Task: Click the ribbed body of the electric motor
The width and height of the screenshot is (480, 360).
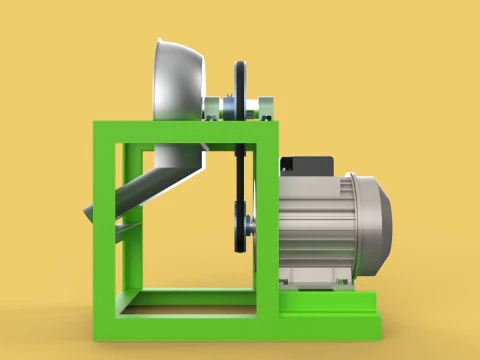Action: click(310, 225)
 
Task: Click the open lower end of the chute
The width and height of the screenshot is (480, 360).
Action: click(89, 212)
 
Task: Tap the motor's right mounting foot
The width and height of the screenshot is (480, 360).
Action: click(345, 285)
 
